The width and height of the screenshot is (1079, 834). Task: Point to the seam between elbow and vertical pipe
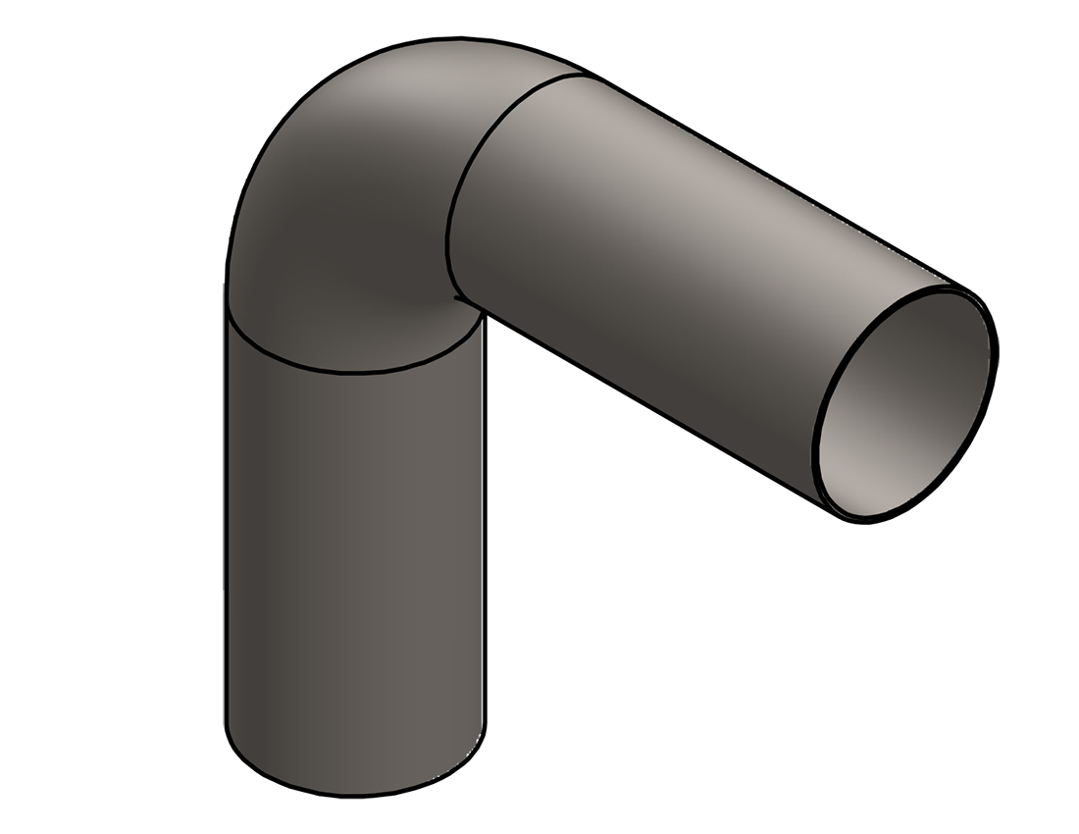[x=353, y=371]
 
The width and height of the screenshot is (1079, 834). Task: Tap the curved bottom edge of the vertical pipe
[x=353, y=793]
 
